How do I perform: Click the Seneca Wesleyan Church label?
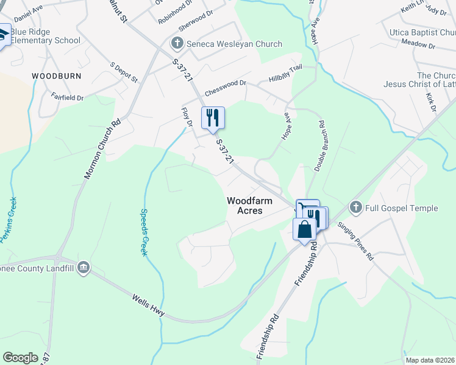pyautogui.click(x=234, y=44)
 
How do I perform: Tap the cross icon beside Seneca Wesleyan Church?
pyautogui.click(x=177, y=43)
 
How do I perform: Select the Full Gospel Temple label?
pyautogui.click(x=401, y=209)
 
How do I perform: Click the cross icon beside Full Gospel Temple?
pyautogui.click(x=356, y=208)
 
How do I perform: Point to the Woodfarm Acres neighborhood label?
pyautogui.click(x=244, y=205)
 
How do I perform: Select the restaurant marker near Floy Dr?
pyautogui.click(x=213, y=117)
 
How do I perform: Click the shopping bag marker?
pyautogui.click(x=304, y=229)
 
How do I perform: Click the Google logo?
pyautogui.click(x=20, y=358)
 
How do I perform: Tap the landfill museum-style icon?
pyautogui.click(x=84, y=266)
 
